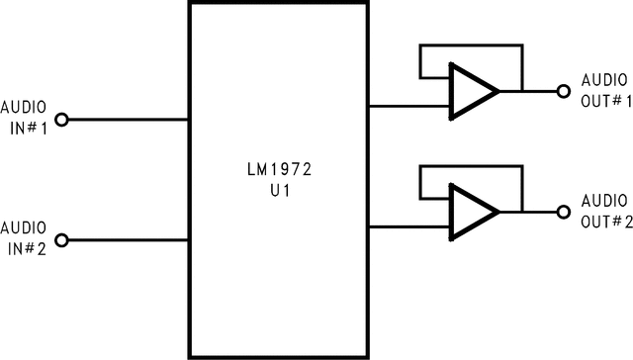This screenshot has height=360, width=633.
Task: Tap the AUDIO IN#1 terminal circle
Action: tap(61, 120)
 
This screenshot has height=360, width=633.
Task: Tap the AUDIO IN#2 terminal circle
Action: tap(61, 240)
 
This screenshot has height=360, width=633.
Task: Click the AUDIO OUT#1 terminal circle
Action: tap(563, 91)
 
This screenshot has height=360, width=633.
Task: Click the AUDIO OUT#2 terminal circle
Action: tap(563, 211)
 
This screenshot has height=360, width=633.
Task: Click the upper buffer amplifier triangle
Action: tap(471, 91)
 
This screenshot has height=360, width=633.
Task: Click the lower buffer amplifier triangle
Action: tap(471, 211)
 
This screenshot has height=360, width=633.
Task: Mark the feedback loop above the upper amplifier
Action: tap(471, 45)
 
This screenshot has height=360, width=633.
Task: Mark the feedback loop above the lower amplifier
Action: tap(471, 166)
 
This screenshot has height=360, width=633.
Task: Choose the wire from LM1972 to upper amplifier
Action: tap(408, 106)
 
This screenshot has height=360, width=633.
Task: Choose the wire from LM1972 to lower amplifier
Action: tap(408, 225)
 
